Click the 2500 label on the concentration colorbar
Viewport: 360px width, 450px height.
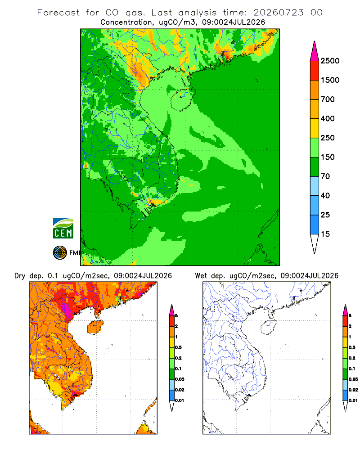click(330, 61)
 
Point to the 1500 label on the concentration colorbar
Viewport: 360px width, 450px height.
click(330, 80)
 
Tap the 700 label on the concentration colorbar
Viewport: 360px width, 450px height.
click(328, 99)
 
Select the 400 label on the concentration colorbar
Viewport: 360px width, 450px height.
click(328, 118)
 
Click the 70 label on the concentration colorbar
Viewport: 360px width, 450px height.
click(325, 176)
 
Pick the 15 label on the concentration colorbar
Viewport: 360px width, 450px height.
click(325, 234)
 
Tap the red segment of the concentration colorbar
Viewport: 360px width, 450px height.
click(315, 71)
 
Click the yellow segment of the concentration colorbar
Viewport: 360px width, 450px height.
click(315, 128)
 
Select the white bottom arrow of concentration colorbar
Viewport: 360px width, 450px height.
click(315, 243)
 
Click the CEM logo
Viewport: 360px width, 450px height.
click(63, 229)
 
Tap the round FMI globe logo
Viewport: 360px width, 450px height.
click(60, 253)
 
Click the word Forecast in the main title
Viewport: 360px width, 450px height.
click(58, 13)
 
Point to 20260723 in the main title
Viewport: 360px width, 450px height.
click(278, 13)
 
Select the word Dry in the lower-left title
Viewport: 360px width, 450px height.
click(20, 276)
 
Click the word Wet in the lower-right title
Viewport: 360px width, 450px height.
click(201, 276)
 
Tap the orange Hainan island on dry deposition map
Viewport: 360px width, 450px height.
click(95, 328)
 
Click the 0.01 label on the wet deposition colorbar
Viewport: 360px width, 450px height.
click(353, 400)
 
